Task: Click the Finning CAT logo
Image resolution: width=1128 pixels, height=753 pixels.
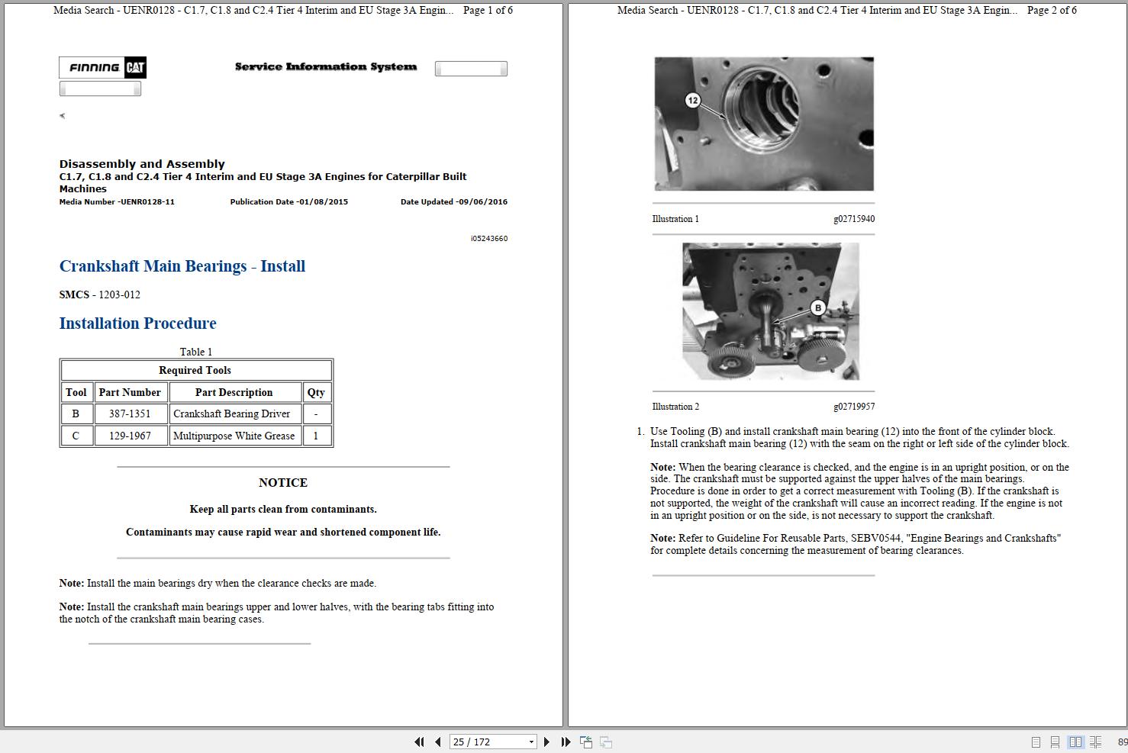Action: [x=102, y=68]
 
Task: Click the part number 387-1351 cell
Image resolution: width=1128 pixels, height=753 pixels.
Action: [x=130, y=414]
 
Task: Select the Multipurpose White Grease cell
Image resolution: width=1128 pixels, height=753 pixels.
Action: [x=234, y=436]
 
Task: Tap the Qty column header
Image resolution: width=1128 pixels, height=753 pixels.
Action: [x=316, y=393]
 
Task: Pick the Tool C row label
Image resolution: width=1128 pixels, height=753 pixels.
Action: [x=76, y=436]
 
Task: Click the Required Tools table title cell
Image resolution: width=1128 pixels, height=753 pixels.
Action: [x=195, y=371]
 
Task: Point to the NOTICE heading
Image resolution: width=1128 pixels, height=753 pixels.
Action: [x=283, y=483]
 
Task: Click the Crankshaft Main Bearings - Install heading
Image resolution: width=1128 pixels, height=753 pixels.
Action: [x=182, y=266]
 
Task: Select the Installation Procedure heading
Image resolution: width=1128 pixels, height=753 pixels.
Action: [x=138, y=323]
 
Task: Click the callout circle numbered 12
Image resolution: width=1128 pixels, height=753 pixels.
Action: [x=693, y=100]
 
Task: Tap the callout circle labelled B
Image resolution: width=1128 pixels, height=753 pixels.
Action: [x=818, y=308]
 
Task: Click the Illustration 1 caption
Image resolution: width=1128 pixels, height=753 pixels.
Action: [x=675, y=219]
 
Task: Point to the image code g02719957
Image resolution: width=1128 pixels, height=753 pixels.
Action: [x=854, y=407]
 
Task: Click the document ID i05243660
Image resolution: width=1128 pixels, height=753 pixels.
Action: [x=489, y=239]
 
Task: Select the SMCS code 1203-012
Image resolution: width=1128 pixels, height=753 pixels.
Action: [x=119, y=295]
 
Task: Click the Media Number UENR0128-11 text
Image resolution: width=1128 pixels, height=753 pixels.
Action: [x=117, y=202]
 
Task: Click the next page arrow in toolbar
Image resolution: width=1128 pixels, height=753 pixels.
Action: [x=546, y=742]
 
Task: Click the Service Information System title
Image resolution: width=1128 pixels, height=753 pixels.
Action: [x=326, y=67]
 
